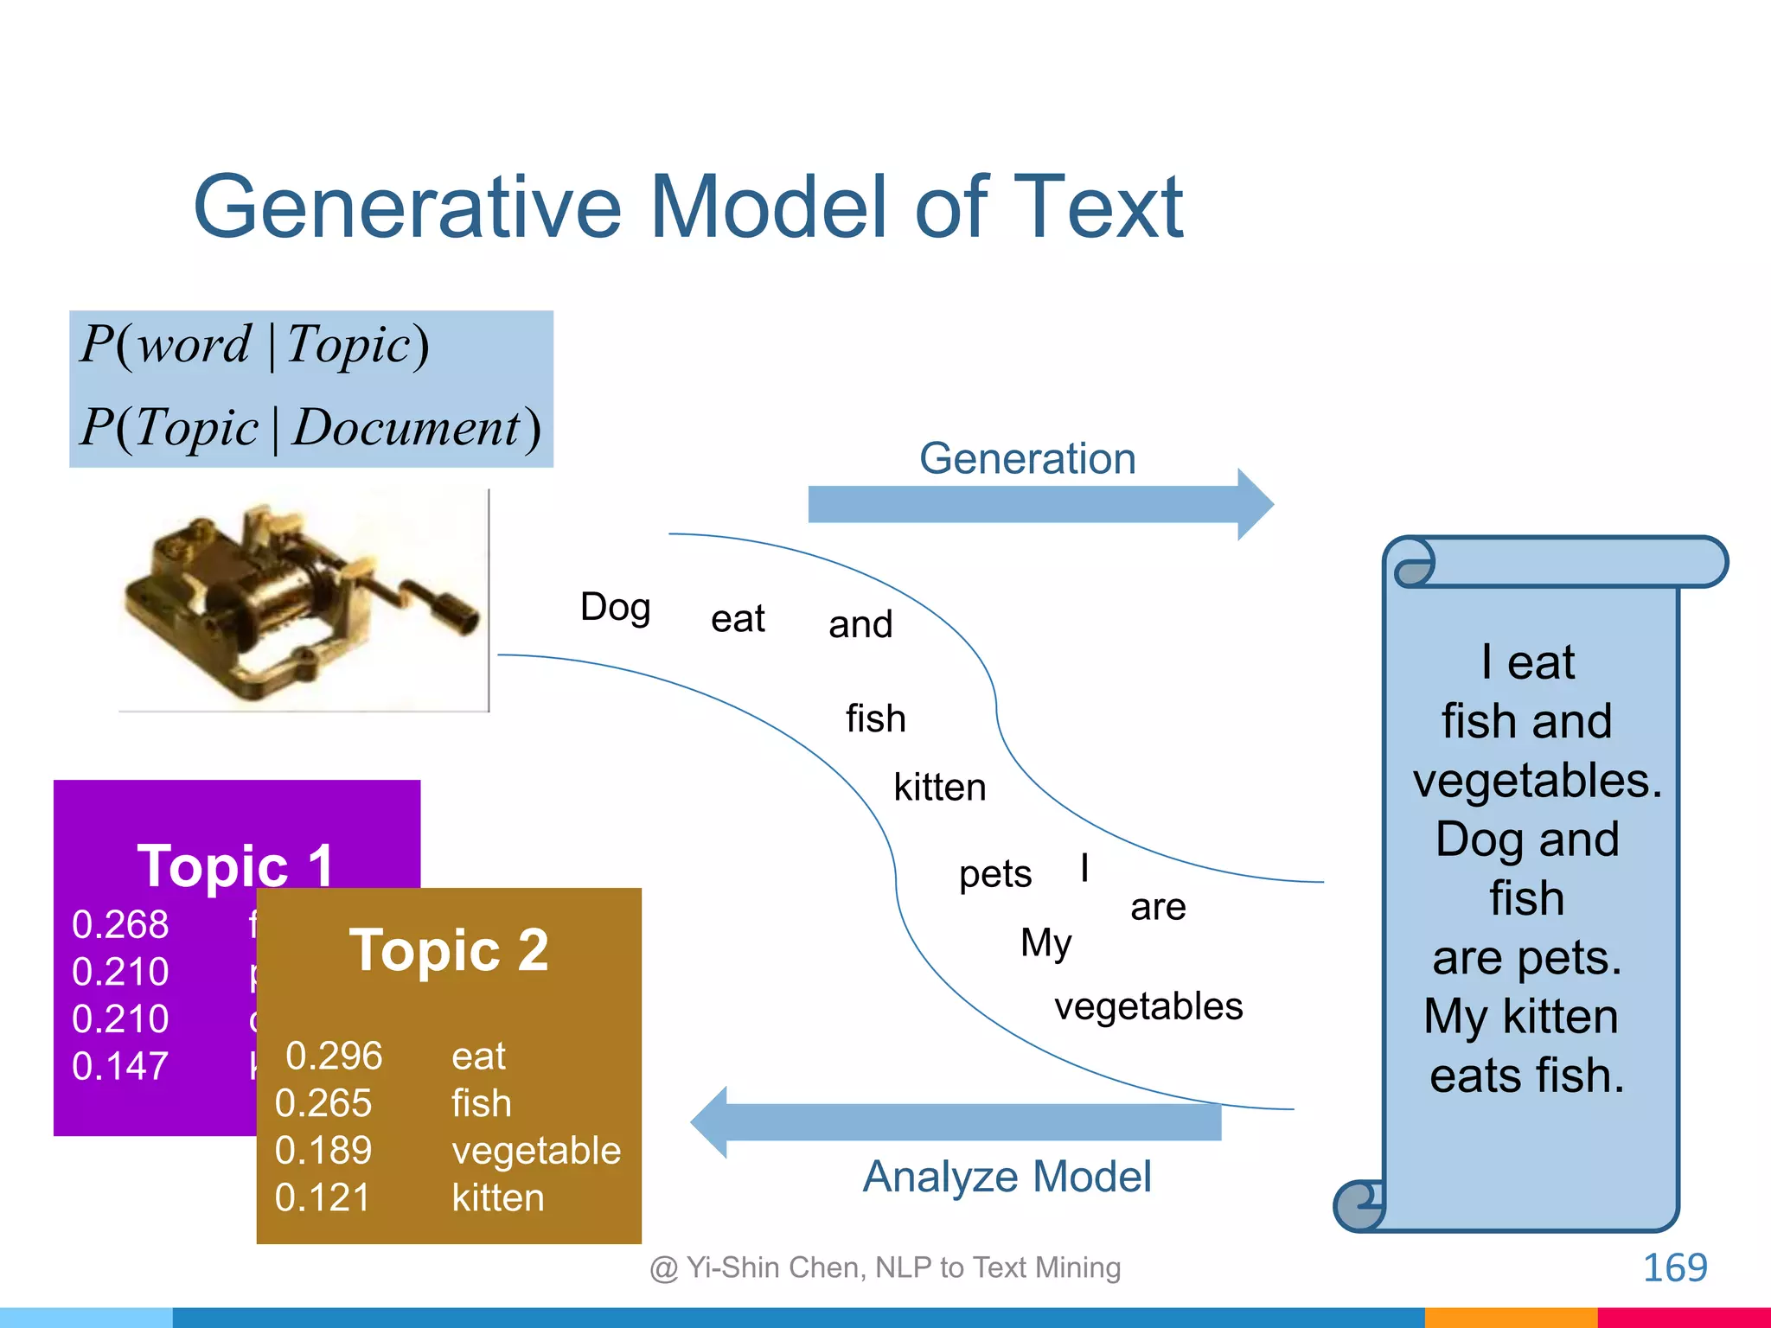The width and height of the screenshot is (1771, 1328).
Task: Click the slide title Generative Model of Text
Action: [x=687, y=207]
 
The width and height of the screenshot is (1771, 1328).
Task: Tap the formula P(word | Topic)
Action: [x=254, y=345]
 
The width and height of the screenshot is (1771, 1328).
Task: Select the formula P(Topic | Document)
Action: [x=310, y=428]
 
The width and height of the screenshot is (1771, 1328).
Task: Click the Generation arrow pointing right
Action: [x=1038, y=504]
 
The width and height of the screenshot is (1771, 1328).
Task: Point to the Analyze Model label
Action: [x=1007, y=1177]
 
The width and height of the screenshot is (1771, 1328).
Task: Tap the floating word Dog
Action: [x=615, y=607]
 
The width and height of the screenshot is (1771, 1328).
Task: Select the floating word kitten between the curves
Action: [x=939, y=788]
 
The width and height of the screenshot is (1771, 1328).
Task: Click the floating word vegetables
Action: [x=1148, y=1006]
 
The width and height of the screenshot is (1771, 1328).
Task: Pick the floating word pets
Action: [x=994, y=874]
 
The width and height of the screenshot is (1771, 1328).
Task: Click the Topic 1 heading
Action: [x=235, y=865]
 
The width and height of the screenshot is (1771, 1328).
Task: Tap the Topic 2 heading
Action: [x=448, y=950]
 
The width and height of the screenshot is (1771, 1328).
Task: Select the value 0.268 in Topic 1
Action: [x=120, y=925]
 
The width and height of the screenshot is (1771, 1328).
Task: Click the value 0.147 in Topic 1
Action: [x=120, y=1066]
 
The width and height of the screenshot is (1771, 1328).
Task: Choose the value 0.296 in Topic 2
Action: [x=334, y=1056]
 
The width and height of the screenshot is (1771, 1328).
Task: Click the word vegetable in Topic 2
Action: [x=535, y=1151]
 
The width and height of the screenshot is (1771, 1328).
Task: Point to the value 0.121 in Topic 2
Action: [x=323, y=1198]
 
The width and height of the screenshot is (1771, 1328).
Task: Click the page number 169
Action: [x=1674, y=1268]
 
